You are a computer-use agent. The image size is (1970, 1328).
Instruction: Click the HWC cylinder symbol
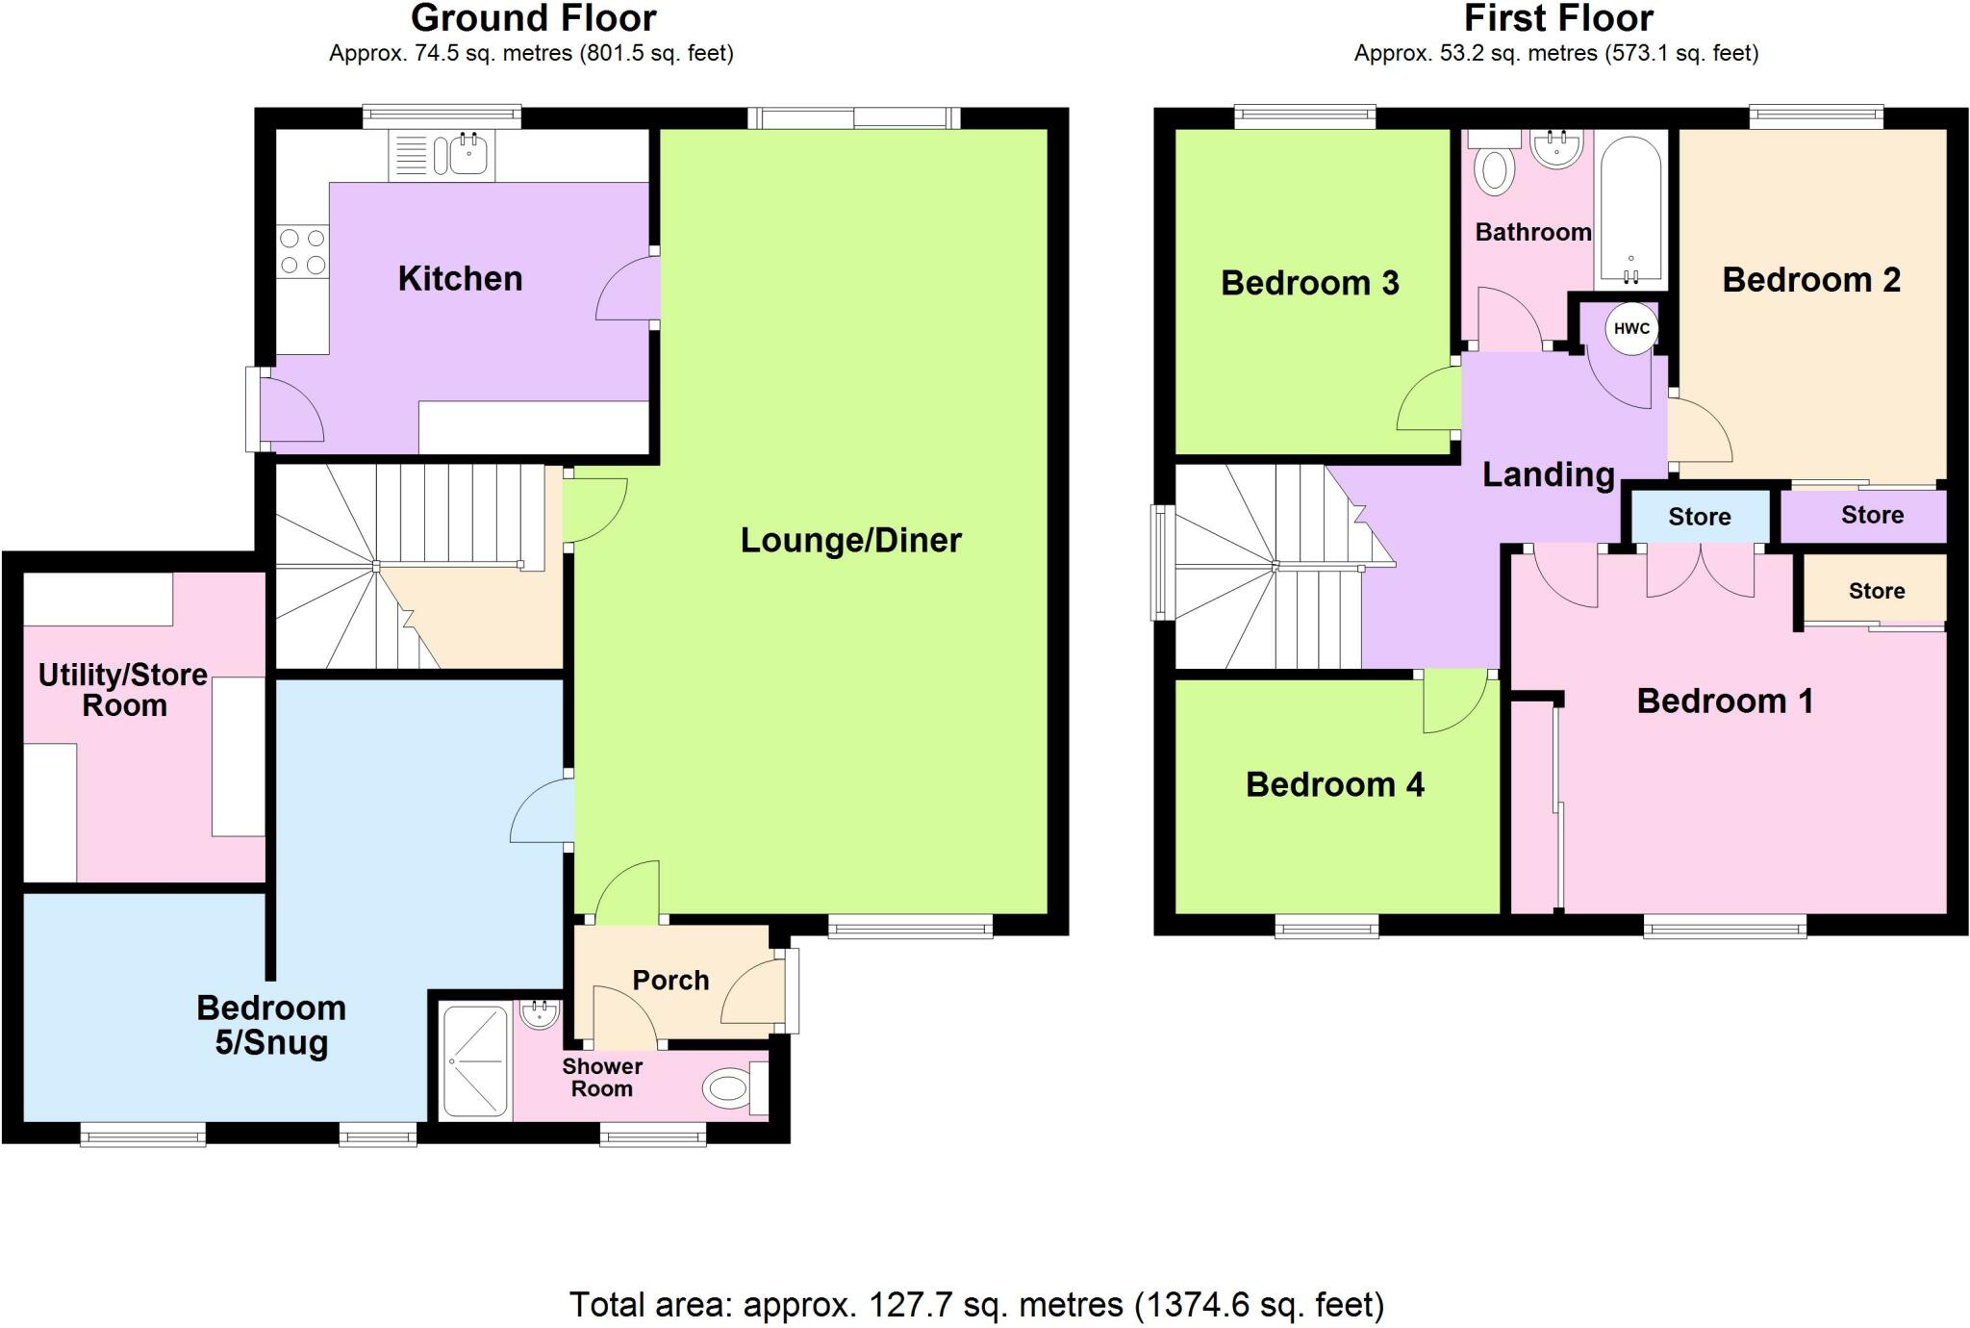click(x=1631, y=328)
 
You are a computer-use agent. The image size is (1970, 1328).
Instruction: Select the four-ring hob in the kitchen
click(x=302, y=251)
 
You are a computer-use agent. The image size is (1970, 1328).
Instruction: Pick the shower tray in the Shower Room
click(x=475, y=1062)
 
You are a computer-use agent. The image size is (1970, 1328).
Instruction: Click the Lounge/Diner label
click(x=850, y=540)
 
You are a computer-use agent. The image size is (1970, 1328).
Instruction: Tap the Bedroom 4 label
click(x=1334, y=784)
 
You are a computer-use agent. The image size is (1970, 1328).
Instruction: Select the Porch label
click(x=670, y=980)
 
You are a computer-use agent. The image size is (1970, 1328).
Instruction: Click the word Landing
click(x=1548, y=474)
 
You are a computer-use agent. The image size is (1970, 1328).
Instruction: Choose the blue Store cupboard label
click(x=1699, y=517)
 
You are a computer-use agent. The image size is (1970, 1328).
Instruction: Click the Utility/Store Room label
click(x=123, y=690)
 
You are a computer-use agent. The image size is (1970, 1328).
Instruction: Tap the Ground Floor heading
click(x=533, y=17)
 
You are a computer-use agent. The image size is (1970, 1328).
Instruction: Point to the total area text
click(x=976, y=1305)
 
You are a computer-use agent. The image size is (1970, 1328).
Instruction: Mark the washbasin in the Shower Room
click(x=539, y=1013)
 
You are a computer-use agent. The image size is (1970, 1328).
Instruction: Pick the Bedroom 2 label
click(x=1810, y=280)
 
